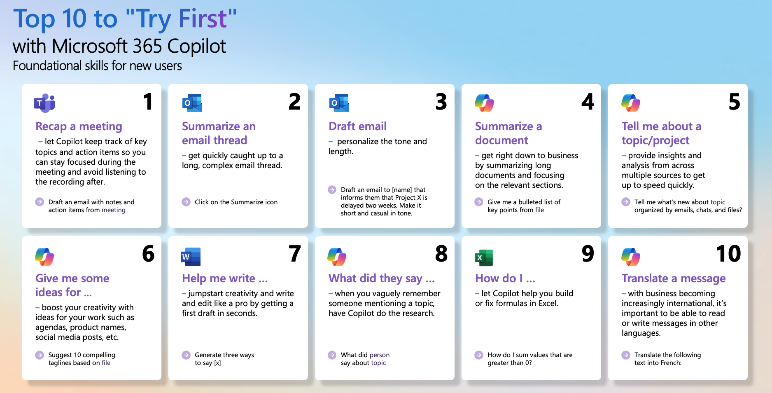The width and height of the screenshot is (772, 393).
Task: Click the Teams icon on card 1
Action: coord(44,103)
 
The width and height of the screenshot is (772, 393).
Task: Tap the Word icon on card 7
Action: coord(191,257)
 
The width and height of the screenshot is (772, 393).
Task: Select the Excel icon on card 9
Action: coord(484,257)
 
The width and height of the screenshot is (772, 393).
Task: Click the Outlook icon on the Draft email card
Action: coord(339,103)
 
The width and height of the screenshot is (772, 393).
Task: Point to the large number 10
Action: coord(728,253)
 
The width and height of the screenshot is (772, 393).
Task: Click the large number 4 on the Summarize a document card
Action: coord(588,101)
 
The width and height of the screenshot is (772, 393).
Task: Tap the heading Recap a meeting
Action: coord(79,126)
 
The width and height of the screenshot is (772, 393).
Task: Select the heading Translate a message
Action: coord(674,278)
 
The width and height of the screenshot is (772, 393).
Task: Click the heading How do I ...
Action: coord(505,278)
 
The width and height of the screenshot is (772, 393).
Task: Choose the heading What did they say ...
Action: coord(381,278)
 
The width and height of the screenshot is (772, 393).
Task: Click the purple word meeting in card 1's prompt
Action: coord(114,210)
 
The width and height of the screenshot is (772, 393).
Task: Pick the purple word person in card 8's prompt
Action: coord(379,355)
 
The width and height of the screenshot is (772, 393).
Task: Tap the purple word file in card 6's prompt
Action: coord(106,363)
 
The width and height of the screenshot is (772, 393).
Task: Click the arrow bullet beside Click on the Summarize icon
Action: coord(186,202)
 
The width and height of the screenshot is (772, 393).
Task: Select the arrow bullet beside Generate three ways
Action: coord(186,355)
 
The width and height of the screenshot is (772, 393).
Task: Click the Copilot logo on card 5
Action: coord(631,103)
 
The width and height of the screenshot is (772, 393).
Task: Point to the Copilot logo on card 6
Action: coord(44,257)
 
